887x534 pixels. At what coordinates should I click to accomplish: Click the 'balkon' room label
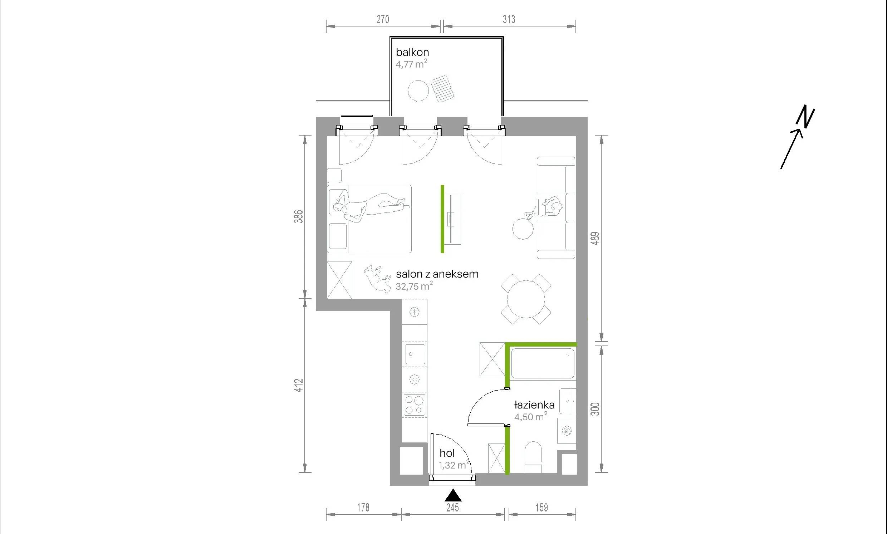click(x=412, y=52)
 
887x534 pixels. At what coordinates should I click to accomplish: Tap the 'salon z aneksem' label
click(x=437, y=274)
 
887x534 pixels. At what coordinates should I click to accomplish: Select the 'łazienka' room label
click(x=534, y=405)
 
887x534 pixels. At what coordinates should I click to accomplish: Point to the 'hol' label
click(x=447, y=453)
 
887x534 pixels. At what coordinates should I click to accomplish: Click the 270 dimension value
click(x=383, y=19)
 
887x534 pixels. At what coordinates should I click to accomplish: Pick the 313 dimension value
click(x=509, y=19)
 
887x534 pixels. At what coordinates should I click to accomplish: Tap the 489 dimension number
click(x=596, y=239)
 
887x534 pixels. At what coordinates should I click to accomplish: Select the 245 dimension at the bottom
click(x=453, y=508)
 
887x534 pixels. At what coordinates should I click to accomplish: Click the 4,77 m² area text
click(x=412, y=64)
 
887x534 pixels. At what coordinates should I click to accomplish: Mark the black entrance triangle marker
click(x=453, y=495)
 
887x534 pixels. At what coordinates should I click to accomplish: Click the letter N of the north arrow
click(x=806, y=117)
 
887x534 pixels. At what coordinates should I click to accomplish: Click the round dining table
click(x=526, y=299)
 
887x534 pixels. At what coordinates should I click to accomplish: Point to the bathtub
click(x=543, y=363)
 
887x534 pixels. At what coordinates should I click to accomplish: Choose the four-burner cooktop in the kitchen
click(x=415, y=405)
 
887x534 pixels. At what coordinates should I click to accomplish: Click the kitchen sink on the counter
click(x=415, y=354)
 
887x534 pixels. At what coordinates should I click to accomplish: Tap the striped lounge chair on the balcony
click(x=442, y=88)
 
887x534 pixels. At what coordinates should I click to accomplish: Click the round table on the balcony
click(x=418, y=91)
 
